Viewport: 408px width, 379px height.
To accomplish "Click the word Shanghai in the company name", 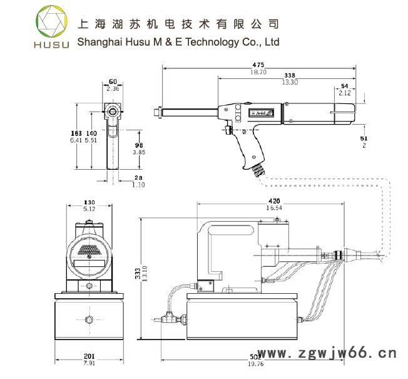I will click(x=96, y=43).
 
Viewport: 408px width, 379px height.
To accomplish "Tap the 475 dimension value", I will click(x=258, y=65).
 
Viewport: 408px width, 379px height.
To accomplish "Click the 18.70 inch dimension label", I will click(x=258, y=72).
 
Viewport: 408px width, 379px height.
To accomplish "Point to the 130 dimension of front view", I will click(x=89, y=202).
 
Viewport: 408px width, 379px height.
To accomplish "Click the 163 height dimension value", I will click(x=76, y=133).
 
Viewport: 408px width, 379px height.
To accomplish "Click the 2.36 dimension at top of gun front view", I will click(x=113, y=89).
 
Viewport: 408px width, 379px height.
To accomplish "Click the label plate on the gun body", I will click(x=260, y=114).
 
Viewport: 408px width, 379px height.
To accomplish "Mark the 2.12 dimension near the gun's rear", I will click(x=345, y=93).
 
